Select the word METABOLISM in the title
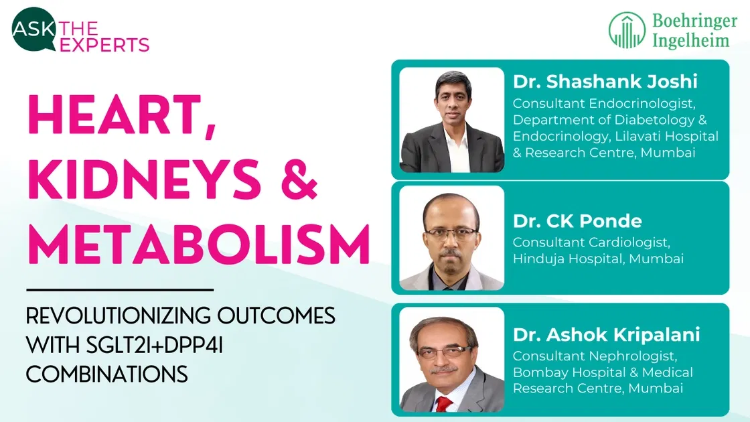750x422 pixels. (198, 245)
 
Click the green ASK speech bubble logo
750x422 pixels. (33, 29)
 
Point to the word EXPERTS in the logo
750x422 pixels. (104, 45)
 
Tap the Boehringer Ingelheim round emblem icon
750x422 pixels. (627, 30)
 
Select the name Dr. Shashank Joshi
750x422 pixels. (605, 82)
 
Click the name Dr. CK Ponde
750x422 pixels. (577, 220)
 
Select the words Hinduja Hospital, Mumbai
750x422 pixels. (598, 259)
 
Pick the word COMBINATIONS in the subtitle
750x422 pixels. (107, 374)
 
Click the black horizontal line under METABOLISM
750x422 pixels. (120, 289)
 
